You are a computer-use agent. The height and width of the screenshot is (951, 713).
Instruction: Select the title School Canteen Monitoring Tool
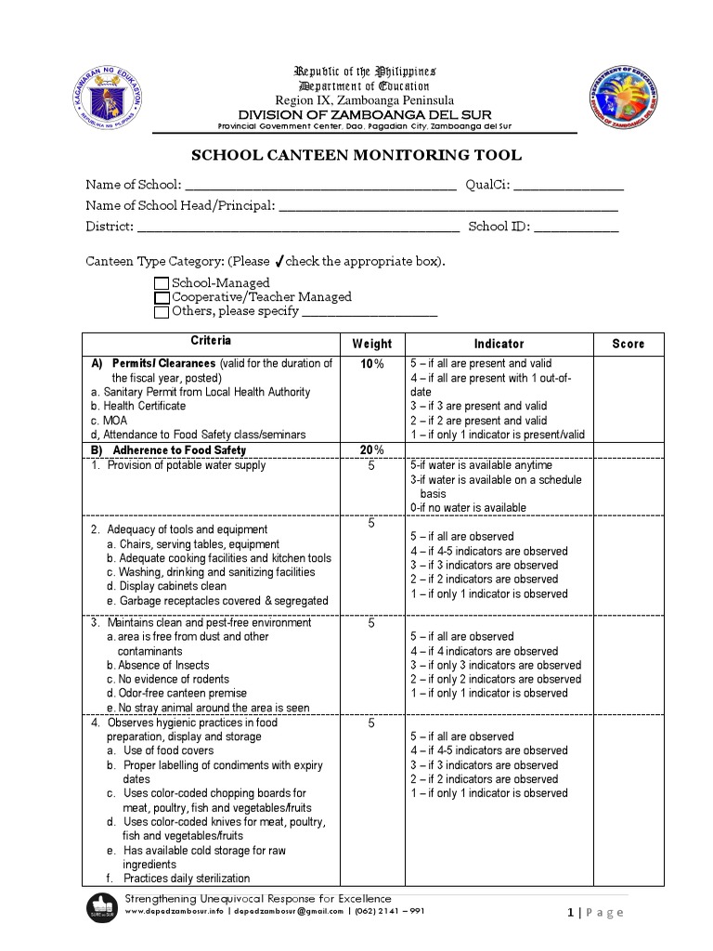pyautogui.click(x=356, y=156)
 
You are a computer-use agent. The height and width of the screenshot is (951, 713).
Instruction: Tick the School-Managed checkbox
pyautogui.click(x=162, y=283)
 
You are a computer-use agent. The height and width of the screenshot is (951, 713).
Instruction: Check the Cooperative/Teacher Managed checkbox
pyautogui.click(x=162, y=297)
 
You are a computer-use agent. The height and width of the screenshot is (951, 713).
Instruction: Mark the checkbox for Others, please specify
pyautogui.click(x=162, y=312)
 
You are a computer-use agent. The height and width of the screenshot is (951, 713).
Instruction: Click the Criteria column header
pyautogui.click(x=211, y=342)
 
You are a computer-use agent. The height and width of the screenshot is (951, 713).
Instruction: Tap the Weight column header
pyautogui.click(x=371, y=344)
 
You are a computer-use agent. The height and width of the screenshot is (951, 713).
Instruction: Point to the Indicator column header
pyautogui.click(x=499, y=344)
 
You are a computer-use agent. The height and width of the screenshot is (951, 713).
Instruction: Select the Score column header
pyautogui.click(x=628, y=344)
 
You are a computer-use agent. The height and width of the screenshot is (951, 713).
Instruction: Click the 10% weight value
pyautogui.click(x=371, y=364)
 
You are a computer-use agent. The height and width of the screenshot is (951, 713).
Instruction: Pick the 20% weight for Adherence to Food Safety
pyautogui.click(x=371, y=450)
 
